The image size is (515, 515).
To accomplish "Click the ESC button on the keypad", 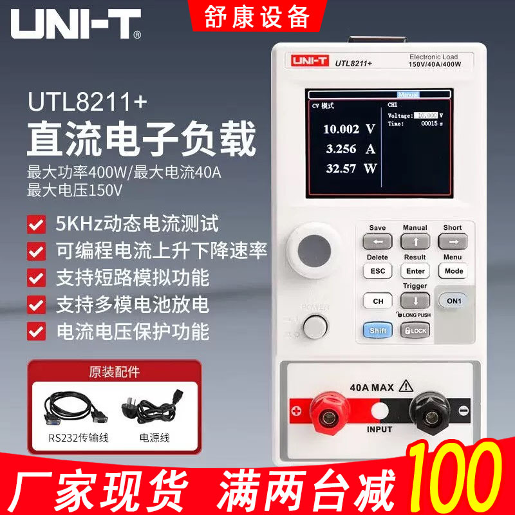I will click(378, 271).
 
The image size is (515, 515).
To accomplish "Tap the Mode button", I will click(454, 271).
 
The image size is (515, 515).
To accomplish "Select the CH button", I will click(378, 301).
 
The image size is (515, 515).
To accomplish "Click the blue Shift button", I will click(378, 330).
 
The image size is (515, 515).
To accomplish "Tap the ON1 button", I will click(453, 301).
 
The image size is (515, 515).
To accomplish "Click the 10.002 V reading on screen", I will click(348, 129).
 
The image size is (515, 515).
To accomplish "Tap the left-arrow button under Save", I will click(378, 241).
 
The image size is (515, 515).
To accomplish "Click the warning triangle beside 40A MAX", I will click(406, 386).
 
